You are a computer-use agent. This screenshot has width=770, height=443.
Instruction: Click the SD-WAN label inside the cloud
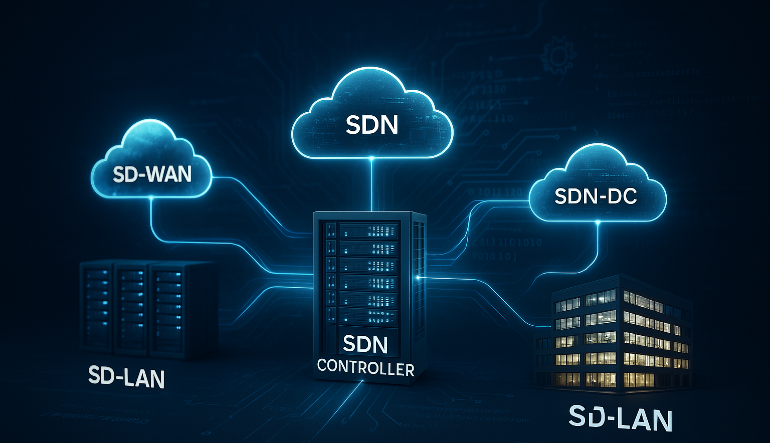[x=152, y=174]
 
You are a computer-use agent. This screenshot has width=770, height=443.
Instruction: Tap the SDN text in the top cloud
[x=372, y=125]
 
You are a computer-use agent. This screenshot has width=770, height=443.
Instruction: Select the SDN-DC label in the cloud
[x=596, y=196]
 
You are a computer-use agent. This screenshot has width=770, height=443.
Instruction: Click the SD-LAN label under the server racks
[x=126, y=377]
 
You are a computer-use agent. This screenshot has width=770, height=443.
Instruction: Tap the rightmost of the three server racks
[x=168, y=311]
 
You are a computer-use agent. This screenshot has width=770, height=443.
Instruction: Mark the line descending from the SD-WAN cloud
[x=151, y=215]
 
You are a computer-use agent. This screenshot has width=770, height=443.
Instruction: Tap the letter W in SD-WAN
[x=151, y=174]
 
